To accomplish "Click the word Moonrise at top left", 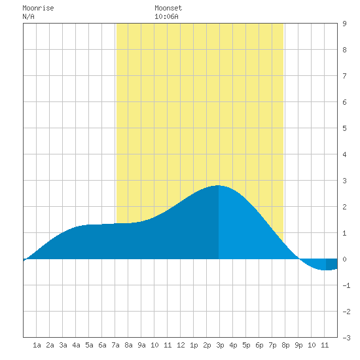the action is click(x=38, y=8).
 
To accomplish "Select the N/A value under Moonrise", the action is click(x=28, y=16).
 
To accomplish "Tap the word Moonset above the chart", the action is click(x=168, y=8).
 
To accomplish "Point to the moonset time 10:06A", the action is click(x=166, y=16).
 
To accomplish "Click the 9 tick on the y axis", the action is click(x=344, y=24).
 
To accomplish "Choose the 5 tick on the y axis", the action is click(x=344, y=128).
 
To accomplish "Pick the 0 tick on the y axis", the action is click(x=344, y=259).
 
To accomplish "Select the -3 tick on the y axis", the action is click(x=346, y=338).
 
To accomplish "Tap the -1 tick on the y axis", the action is click(x=346, y=285).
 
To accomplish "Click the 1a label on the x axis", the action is click(x=37, y=345).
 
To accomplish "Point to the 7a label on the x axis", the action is click(x=115, y=345).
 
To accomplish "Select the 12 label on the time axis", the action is click(x=181, y=345).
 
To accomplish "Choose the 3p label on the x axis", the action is click(x=220, y=345).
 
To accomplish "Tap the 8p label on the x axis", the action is click(x=285, y=345).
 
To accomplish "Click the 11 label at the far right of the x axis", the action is click(x=325, y=345).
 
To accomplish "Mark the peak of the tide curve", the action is click(x=219, y=185).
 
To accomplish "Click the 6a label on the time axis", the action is click(x=102, y=345).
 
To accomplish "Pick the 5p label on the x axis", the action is click(x=246, y=345).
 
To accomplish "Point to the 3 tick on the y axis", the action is click(x=344, y=181).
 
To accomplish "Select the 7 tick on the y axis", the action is click(x=344, y=76).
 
